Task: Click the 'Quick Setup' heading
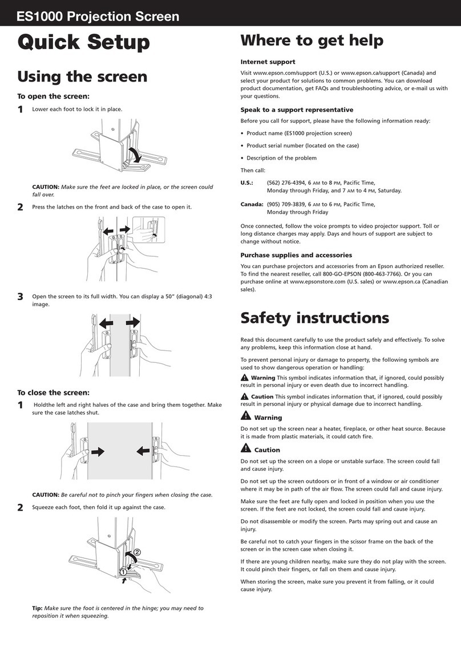[x=84, y=42]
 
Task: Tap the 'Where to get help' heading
[x=312, y=41]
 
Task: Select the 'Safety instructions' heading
[x=314, y=317]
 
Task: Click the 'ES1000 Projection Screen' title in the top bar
[x=98, y=17]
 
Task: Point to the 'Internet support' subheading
[x=268, y=62]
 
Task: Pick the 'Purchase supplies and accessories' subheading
[x=296, y=255]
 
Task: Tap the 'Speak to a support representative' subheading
[x=297, y=110]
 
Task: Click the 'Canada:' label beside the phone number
[x=252, y=204]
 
